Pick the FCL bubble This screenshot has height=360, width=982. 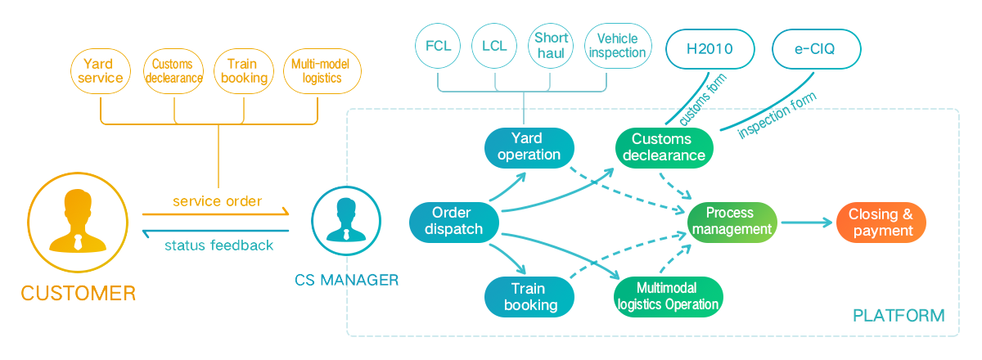pos(439,46)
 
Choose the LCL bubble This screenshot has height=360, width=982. pos(494,46)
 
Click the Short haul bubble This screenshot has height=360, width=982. pos(552,46)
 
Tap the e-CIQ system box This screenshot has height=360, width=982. pos(816,49)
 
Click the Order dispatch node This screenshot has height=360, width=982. pos(453,221)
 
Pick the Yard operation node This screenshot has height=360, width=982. pos(529,146)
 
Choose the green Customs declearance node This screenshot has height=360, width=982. pos(664,147)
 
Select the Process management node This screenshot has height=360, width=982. pos(732,221)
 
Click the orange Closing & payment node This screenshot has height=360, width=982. pos(881,222)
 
